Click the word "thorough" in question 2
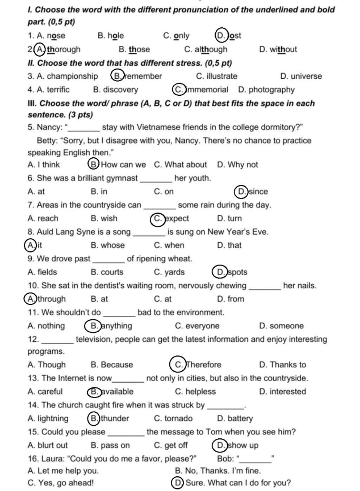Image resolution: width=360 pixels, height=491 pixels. click(64, 49)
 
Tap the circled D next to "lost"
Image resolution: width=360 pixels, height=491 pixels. click(221, 35)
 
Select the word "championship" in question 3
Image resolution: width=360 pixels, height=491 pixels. click(72, 76)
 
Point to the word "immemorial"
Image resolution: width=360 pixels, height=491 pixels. click(207, 90)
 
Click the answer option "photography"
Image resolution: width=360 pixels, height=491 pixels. click(271, 90)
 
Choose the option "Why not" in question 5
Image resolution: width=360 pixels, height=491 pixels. click(243, 165)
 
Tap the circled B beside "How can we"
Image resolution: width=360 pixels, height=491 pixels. click(93, 164)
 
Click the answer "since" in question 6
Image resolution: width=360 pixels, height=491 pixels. click(258, 191)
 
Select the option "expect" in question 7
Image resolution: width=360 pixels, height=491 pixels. click(177, 218)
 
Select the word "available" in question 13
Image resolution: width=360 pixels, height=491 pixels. click(117, 392)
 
